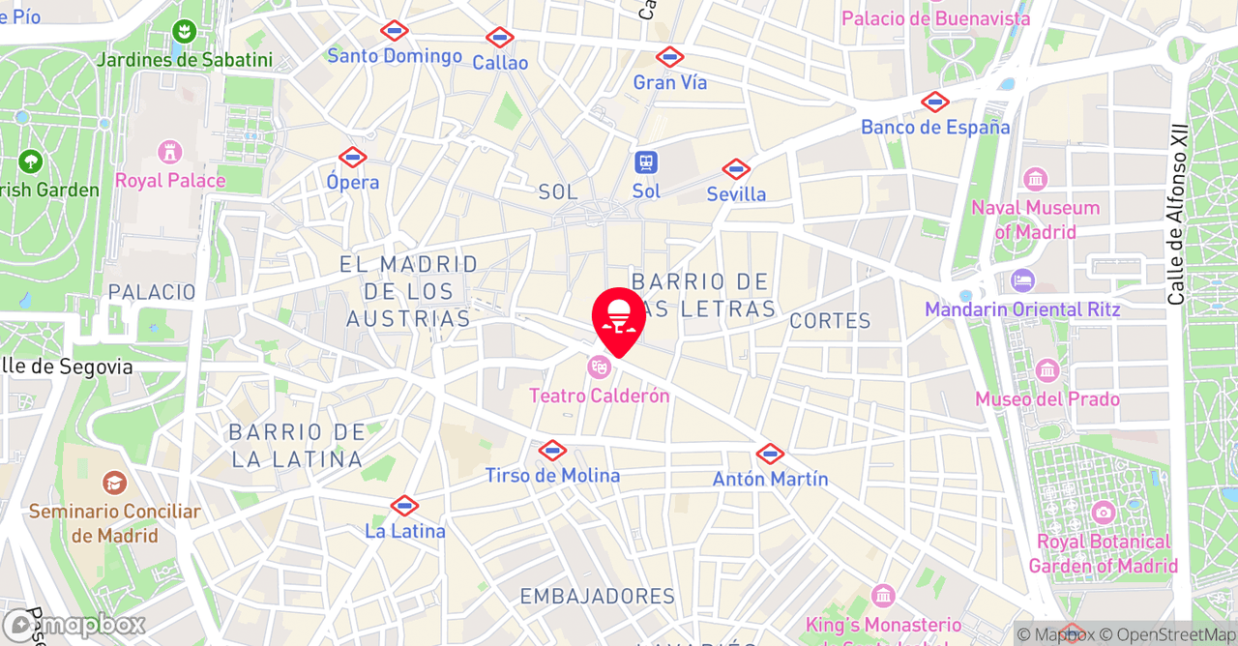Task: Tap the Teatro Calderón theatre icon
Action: (599, 367)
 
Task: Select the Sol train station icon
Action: (646, 162)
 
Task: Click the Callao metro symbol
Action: (499, 38)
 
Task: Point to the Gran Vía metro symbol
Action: (669, 57)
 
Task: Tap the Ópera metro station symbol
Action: (352, 157)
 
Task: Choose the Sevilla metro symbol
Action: (736, 169)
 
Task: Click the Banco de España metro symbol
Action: (934, 102)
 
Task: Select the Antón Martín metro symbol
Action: (770, 454)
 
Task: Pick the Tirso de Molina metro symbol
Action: (552, 450)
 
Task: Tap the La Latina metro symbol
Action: (404, 506)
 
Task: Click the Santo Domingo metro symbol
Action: (394, 30)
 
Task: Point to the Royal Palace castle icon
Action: (170, 153)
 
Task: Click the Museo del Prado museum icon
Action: (1047, 371)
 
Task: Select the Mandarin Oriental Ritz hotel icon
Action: (1022, 281)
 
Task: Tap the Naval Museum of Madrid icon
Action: (1035, 180)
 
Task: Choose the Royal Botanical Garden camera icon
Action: (1103, 514)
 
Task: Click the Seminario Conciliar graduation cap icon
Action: (114, 484)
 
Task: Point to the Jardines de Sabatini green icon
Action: (184, 32)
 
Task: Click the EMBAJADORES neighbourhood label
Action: (597, 597)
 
